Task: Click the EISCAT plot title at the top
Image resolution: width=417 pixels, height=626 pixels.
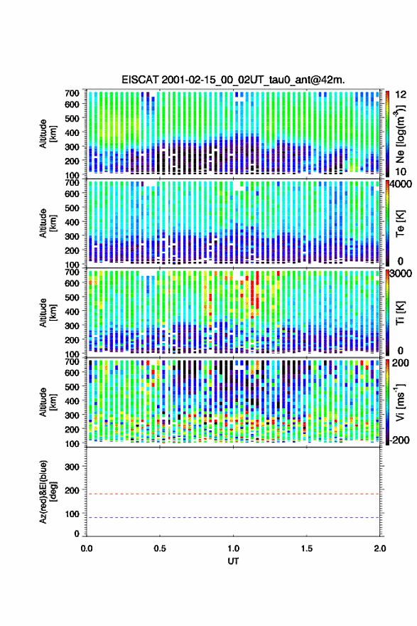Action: [x=233, y=80]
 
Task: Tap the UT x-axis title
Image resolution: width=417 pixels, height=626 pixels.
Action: [x=233, y=561]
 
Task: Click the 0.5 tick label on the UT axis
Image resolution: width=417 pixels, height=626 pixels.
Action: [x=160, y=548]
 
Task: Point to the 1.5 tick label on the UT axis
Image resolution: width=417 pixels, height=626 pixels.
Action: [x=307, y=548]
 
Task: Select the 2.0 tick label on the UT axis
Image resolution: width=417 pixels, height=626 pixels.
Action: [x=380, y=548]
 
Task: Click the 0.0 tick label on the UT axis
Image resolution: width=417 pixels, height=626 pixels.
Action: [x=87, y=548]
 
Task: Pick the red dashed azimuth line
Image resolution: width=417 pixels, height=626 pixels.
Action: [x=233, y=494]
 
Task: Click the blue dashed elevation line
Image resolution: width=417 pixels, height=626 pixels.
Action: [x=233, y=517]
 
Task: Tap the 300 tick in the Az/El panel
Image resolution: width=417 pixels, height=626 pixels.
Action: [x=72, y=467]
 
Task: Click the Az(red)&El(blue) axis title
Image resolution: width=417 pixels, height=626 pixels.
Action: [x=48, y=492]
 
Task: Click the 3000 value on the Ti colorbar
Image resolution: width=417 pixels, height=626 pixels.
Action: [x=401, y=273]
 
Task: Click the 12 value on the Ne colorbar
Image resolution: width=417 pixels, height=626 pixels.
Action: [x=401, y=95]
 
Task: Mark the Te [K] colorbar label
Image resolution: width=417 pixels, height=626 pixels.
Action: [x=400, y=223]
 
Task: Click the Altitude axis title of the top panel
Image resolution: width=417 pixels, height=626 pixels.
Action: [x=48, y=134]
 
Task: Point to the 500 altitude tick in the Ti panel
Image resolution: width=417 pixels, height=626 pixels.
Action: [x=72, y=297]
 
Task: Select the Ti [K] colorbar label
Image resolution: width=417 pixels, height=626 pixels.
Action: [x=400, y=312]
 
